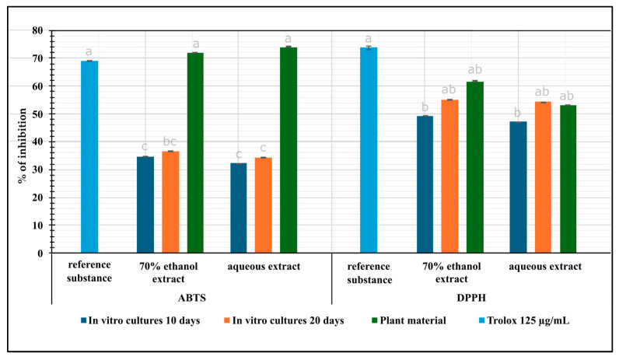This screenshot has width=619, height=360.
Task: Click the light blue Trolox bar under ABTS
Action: click(89, 157)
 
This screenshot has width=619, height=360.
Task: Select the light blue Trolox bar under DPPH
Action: click(369, 150)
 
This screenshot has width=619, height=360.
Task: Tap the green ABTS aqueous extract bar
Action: click(289, 150)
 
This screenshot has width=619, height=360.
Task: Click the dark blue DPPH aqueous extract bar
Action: click(518, 187)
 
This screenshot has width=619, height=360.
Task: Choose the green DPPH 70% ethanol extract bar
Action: click(475, 167)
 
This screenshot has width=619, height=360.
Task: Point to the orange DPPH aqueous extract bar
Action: click(544, 177)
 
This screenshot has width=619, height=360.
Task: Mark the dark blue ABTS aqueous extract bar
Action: click(239, 208)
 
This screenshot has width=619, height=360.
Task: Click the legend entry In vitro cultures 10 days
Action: click(140, 320)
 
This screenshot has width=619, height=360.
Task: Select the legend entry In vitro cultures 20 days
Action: click(284, 320)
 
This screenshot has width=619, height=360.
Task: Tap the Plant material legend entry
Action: click(409, 320)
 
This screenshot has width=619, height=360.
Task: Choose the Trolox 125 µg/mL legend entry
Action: click(524, 320)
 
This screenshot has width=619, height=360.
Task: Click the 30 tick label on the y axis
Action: click(38, 170)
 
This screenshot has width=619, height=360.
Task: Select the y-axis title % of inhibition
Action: click(22, 145)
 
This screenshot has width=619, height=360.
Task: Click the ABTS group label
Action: click(192, 298)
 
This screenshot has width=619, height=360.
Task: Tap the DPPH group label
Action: click(471, 298)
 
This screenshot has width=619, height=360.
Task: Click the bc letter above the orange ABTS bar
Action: click(170, 142)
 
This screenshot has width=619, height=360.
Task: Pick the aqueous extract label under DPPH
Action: click(545, 267)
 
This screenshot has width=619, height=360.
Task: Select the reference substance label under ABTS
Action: click(89, 271)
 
